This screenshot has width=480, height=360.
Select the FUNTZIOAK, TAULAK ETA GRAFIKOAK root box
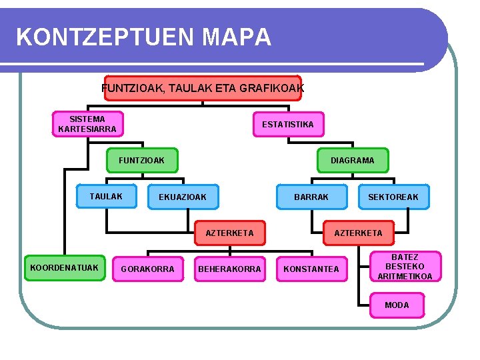click(203, 88)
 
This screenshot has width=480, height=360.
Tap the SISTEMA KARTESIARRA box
click(87, 124)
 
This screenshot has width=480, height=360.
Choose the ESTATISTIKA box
click(288, 124)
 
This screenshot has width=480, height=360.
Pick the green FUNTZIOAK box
click(143, 160)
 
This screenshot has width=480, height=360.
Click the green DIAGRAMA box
click(353, 160)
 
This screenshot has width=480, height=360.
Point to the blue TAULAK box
click(107, 196)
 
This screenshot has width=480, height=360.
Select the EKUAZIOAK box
click(183, 197)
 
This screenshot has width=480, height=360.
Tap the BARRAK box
click(311, 197)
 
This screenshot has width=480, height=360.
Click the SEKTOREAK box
click(393, 197)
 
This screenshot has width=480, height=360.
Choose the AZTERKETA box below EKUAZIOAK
click(229, 233)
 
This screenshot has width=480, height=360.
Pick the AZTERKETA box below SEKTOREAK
click(358, 233)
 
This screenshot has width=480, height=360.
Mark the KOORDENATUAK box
click(64, 268)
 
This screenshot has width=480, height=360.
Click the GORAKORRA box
click(147, 269)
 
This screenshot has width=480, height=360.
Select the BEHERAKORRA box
click(229, 269)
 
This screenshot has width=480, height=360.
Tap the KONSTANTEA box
click(311, 269)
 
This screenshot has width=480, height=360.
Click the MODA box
click(397, 305)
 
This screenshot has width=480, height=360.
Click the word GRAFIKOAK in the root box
click(271, 88)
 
